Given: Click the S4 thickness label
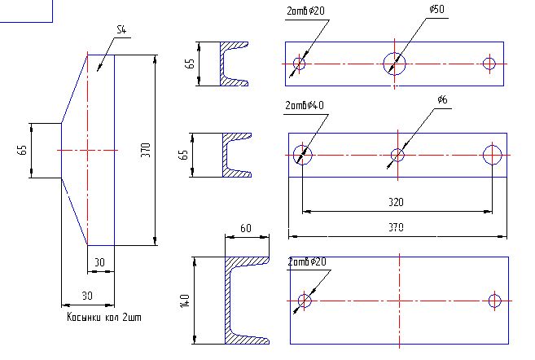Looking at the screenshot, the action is click(121, 29).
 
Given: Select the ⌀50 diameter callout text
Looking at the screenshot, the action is click(436, 9).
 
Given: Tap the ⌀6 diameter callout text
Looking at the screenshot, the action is click(442, 99).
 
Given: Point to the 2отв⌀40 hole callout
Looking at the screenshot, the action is click(305, 105).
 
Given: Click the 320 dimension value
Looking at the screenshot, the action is click(396, 202).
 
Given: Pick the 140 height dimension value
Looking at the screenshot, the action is click(184, 301).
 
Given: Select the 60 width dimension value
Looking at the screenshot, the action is click(246, 228).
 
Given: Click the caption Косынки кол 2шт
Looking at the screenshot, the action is click(104, 317).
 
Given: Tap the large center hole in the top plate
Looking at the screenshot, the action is click(394, 64).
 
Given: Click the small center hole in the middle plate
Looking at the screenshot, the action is click(397, 156).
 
